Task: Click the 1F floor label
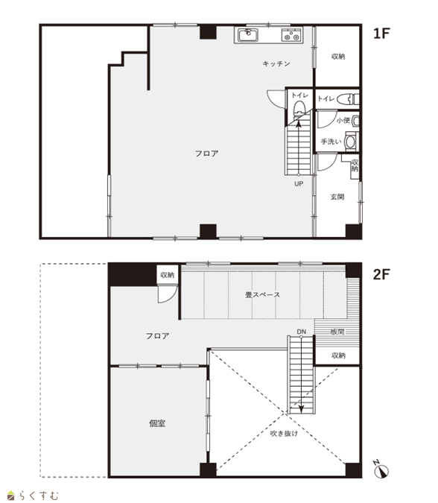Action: point(381,34)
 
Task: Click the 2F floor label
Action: point(381,274)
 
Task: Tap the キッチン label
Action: point(276,63)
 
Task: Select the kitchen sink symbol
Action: point(247,34)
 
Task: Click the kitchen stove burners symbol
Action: point(291,35)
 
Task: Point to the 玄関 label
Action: point(337,197)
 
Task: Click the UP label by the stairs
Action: point(299,184)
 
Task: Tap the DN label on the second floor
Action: point(301,332)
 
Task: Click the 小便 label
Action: point(343,120)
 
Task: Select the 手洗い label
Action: point(331,141)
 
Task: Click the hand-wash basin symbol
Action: point(351,142)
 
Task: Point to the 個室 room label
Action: point(157,423)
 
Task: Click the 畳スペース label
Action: point(263,294)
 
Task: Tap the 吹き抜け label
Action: point(284,434)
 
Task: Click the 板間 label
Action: point(337,332)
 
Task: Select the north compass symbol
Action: point(381,470)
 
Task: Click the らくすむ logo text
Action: point(39,496)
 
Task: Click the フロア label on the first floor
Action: point(207,154)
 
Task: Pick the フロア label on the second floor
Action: point(157,336)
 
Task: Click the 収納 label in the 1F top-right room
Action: point(338,57)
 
